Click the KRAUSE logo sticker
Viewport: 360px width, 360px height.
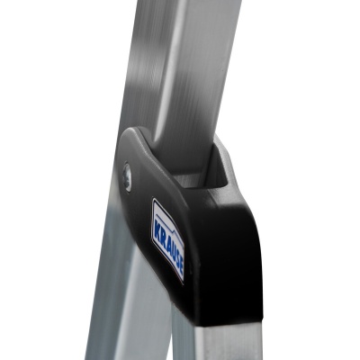click(167, 240)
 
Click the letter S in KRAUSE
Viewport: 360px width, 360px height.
click(176, 256)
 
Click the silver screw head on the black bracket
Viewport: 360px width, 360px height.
click(127, 177)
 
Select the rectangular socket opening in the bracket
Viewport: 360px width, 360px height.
click(204, 171)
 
